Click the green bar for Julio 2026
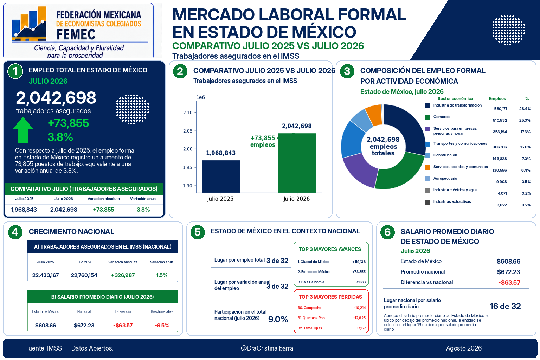[297, 163]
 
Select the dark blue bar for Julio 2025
[220, 176]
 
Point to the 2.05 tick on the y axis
[188, 131]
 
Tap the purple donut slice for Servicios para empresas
[359, 170]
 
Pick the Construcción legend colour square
[427, 156]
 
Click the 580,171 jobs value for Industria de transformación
[501, 109]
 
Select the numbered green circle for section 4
[15, 232]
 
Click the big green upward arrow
[23, 130]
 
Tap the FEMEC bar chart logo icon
[29, 24]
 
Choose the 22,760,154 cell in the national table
[84, 275]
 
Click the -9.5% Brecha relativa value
[162, 325]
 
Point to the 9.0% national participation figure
[278, 319]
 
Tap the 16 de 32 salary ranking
[505, 306]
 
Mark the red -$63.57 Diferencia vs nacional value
[509, 282]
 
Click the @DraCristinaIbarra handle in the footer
[267, 348]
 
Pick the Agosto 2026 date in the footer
[464, 348]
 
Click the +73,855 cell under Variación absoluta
[103, 210]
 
